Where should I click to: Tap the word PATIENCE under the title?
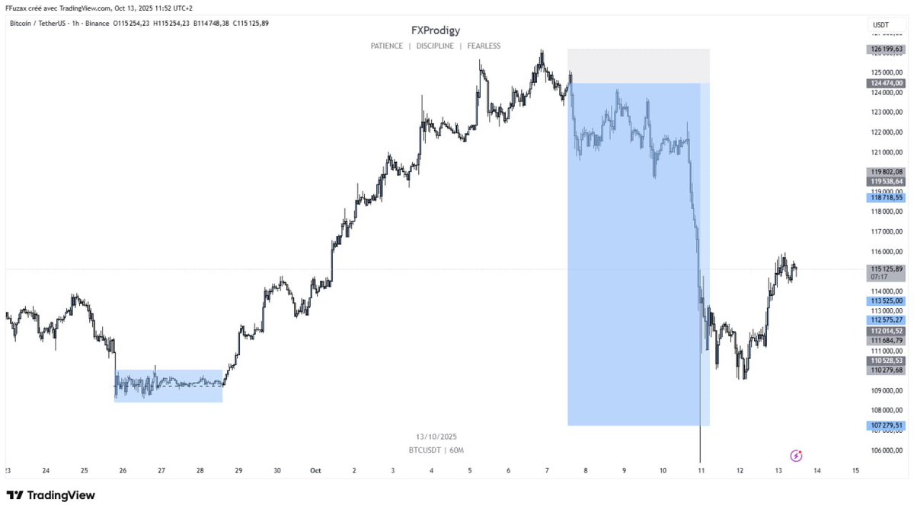tap(386, 46)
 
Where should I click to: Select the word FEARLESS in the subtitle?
tap(484, 46)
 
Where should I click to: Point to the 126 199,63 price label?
tap(886, 49)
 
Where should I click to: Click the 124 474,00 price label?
tap(886, 83)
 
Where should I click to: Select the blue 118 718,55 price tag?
tap(886, 197)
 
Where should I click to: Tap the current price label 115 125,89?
tap(886, 269)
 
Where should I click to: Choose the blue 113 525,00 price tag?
tap(886, 301)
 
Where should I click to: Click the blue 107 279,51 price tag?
tap(886, 425)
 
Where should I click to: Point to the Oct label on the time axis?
tap(315, 471)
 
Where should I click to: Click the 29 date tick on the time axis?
tap(238, 471)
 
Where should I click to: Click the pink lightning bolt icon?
tap(797, 456)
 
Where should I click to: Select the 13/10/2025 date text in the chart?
tap(436, 437)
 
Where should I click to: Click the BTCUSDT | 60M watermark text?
tap(436, 450)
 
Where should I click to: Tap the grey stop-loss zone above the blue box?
tap(638, 66)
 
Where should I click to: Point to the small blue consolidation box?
tap(168, 386)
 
